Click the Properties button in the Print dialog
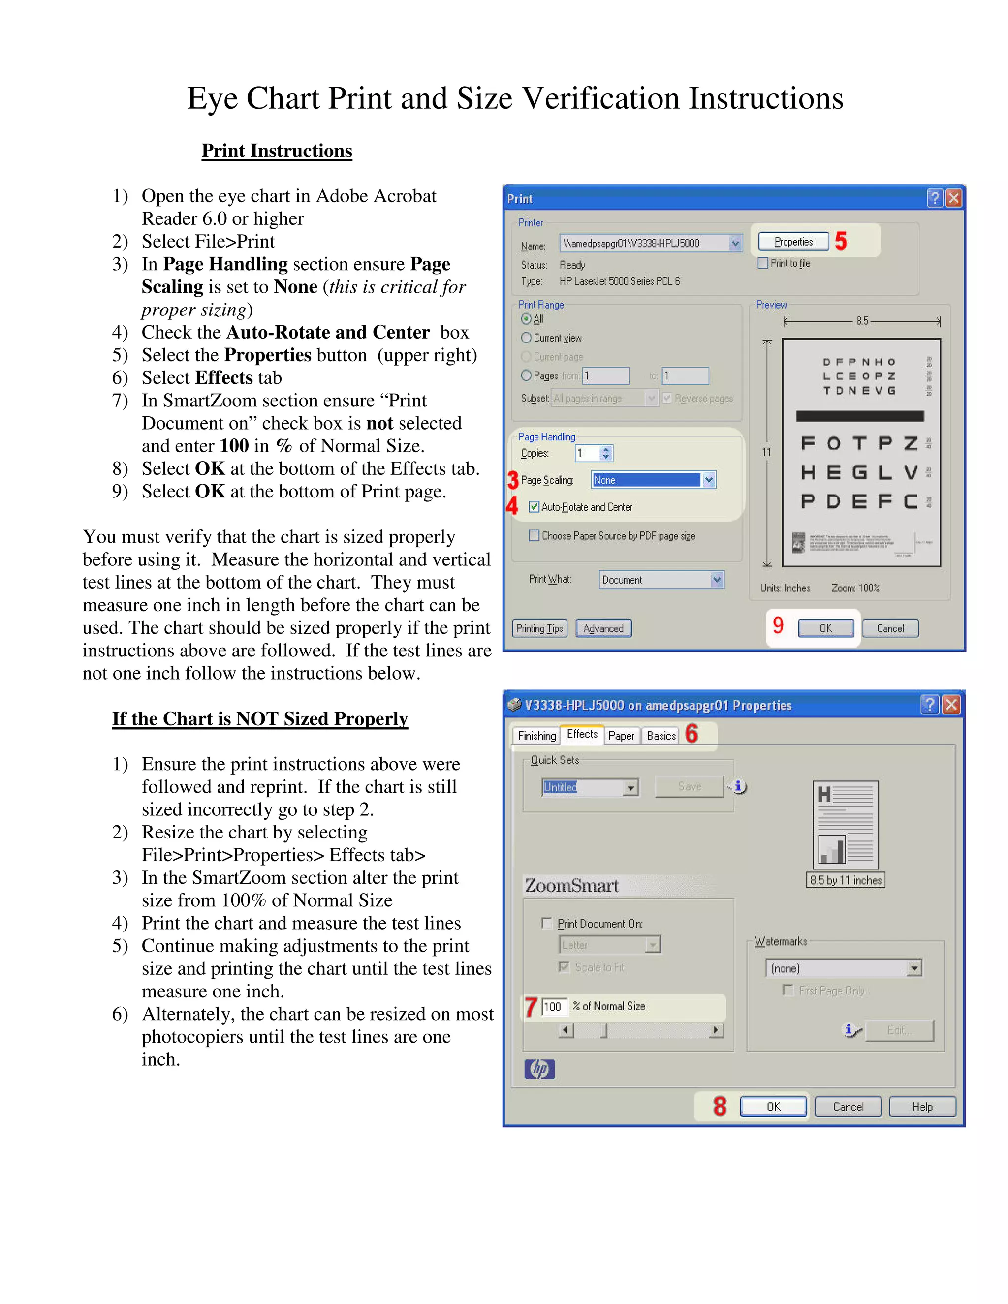[793, 242]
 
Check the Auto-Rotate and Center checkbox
[534, 507]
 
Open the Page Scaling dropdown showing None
[708, 480]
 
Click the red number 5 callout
[841, 241]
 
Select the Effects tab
[582, 734]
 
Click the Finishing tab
[536, 736]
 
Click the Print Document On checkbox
[546, 923]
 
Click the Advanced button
[603, 628]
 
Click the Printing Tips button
[539, 628]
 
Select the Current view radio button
[526, 338]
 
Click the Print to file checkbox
[762, 263]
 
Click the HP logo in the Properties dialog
[539, 1069]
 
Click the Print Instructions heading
[277, 151]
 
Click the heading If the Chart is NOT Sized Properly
[260, 718]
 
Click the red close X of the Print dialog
[954, 198]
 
